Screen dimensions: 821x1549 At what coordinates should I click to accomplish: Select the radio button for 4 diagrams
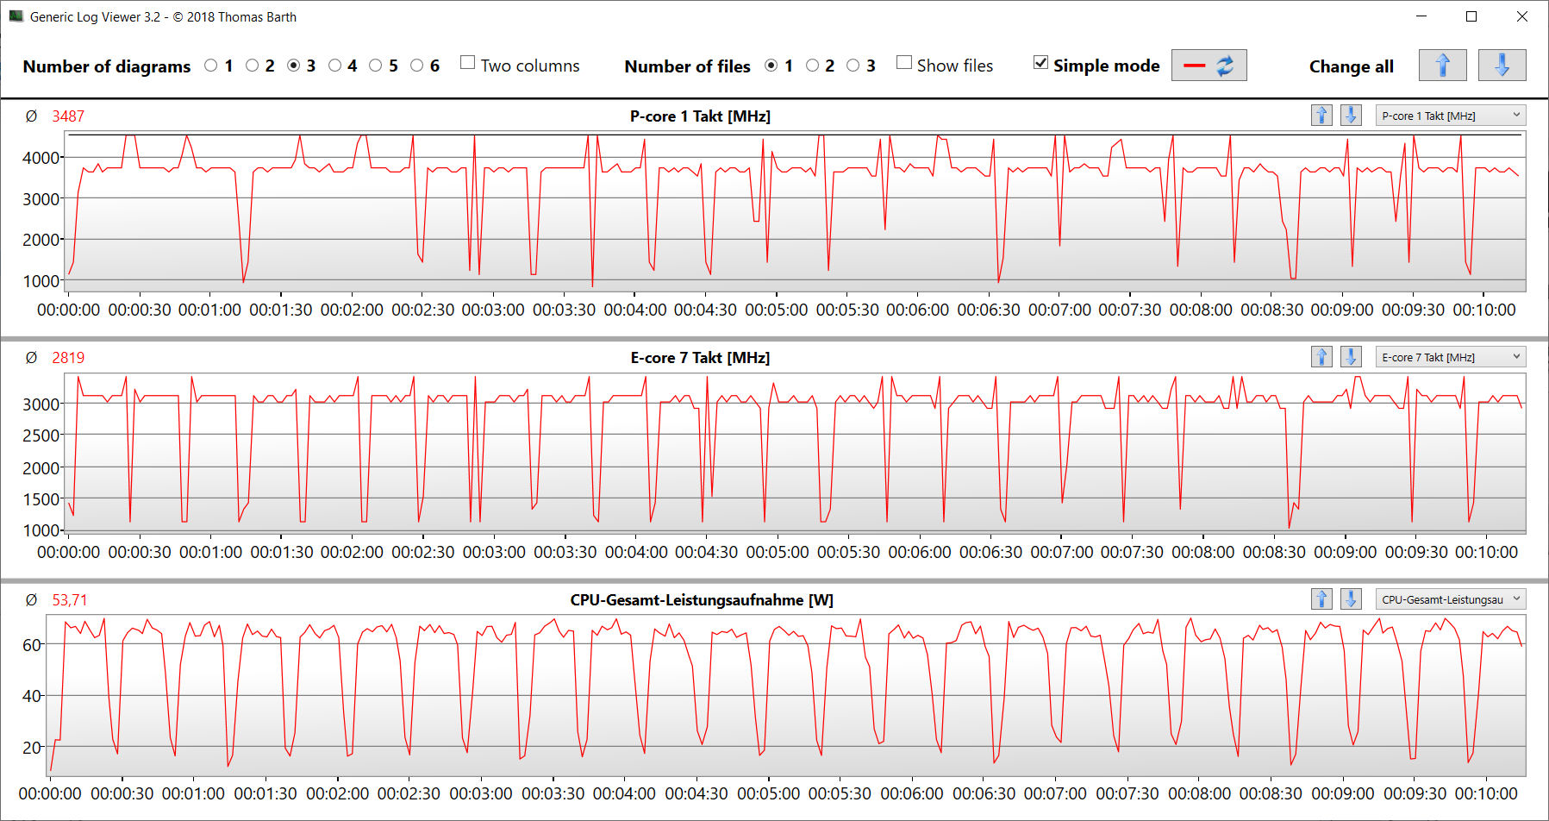click(x=335, y=66)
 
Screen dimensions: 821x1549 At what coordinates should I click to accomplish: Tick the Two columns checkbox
click(x=468, y=63)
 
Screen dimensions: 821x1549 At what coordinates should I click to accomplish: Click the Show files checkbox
click(x=904, y=63)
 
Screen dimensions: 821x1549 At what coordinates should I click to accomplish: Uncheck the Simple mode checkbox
click(x=1041, y=63)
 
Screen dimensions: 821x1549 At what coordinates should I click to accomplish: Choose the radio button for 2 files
click(x=812, y=66)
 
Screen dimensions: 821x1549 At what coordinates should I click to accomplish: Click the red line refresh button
click(x=1209, y=66)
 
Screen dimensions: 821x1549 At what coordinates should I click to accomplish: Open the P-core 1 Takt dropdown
click(x=1452, y=116)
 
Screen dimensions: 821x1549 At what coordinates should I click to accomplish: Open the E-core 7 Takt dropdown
click(x=1452, y=357)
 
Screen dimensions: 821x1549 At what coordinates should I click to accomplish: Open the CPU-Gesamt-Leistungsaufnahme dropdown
click(x=1452, y=599)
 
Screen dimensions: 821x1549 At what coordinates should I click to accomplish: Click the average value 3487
click(x=68, y=116)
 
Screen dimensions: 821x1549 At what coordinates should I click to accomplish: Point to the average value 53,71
click(x=70, y=600)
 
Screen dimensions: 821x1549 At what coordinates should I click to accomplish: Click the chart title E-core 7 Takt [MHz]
click(x=700, y=358)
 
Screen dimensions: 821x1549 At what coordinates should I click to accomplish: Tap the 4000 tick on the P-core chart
click(x=41, y=158)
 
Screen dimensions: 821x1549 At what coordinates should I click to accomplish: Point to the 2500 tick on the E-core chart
click(x=41, y=436)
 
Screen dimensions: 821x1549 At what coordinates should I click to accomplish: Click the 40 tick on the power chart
click(x=32, y=696)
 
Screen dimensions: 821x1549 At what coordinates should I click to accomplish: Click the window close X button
click(x=1522, y=16)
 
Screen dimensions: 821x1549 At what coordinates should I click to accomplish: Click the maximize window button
click(x=1471, y=16)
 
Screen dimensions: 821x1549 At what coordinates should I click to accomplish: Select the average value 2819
click(x=68, y=358)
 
